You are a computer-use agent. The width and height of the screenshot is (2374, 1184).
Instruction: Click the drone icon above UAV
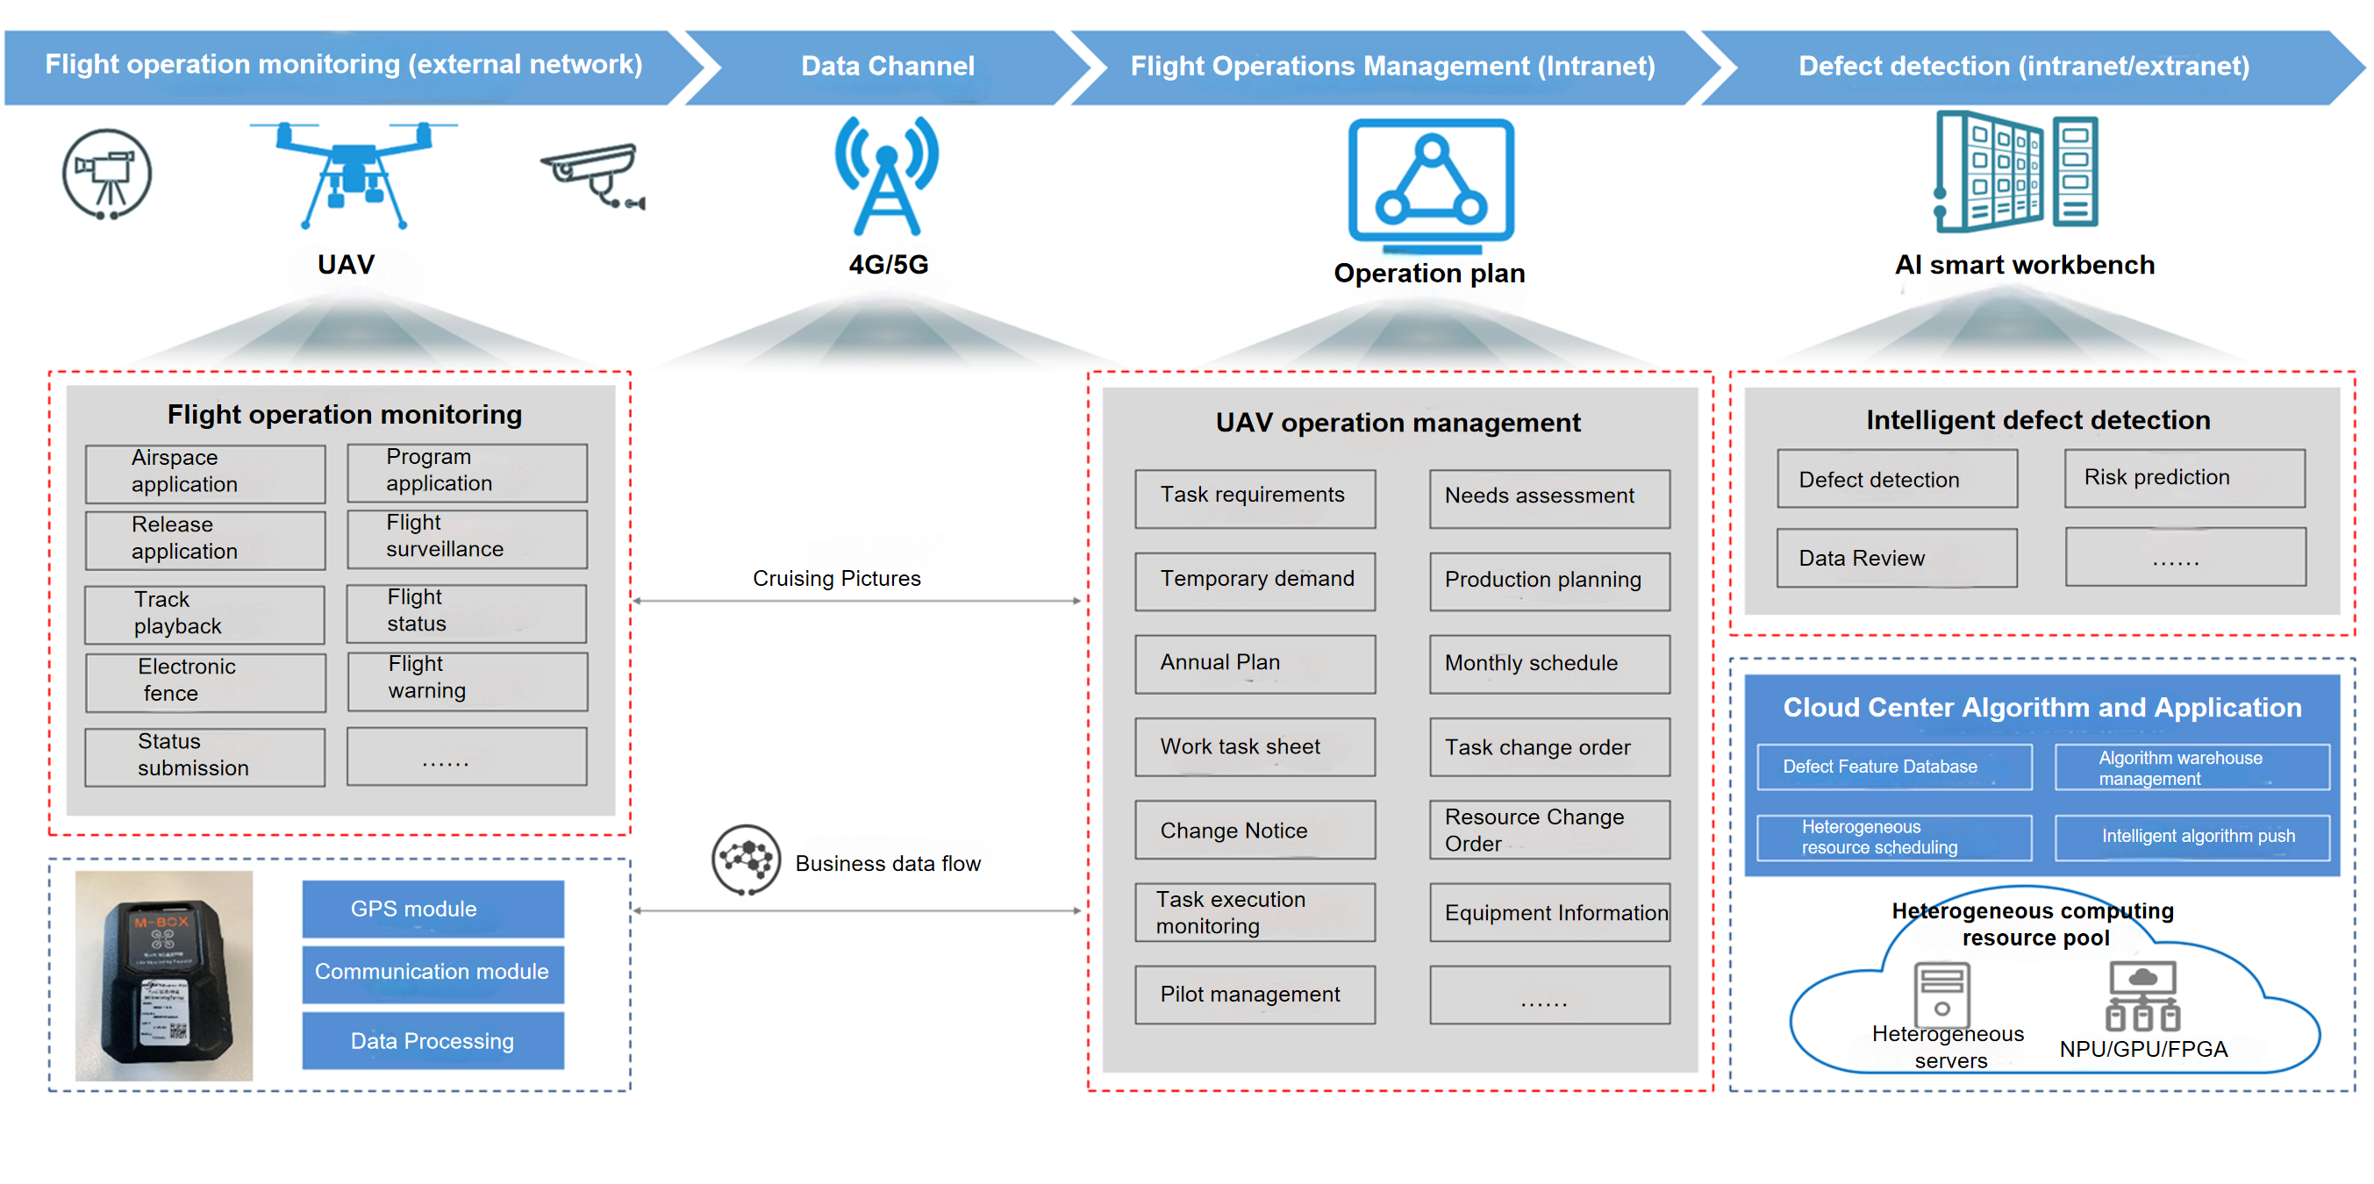[x=353, y=174]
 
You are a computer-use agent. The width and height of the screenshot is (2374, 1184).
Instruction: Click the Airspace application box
[x=204, y=473]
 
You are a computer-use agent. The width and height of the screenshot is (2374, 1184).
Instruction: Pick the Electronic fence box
[x=204, y=681]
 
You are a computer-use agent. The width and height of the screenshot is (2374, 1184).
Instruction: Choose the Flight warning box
[x=467, y=680]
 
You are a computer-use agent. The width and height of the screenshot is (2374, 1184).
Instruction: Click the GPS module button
[x=433, y=909]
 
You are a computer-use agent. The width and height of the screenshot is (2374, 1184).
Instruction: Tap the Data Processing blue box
[x=433, y=1041]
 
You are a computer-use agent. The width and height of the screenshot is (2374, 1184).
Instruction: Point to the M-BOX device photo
[x=164, y=975]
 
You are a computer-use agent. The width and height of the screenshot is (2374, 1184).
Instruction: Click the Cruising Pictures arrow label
[x=836, y=579]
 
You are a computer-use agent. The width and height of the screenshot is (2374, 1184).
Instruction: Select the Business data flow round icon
[x=746, y=859]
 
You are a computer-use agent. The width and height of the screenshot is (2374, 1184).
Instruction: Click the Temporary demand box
[x=1255, y=581]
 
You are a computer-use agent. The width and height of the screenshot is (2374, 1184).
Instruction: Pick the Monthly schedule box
[x=1549, y=663]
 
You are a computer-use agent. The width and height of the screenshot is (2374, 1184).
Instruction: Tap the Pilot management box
[x=1255, y=995]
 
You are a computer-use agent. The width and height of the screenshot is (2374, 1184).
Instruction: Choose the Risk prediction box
[x=2185, y=478]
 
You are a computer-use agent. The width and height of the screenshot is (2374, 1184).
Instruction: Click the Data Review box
[x=1896, y=559]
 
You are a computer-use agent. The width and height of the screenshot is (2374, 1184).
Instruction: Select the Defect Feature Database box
[x=1894, y=767]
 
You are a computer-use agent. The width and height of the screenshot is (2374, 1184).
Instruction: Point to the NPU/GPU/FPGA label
[x=2142, y=1049]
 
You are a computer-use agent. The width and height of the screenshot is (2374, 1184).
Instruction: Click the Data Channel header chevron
[x=887, y=67]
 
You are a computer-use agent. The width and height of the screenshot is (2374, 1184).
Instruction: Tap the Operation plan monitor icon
[x=1430, y=183]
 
